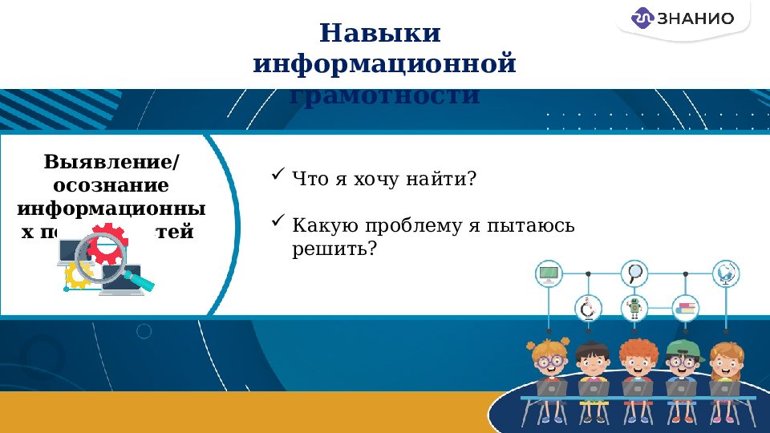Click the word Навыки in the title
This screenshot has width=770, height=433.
[x=380, y=34]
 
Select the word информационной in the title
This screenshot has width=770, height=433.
[x=384, y=63]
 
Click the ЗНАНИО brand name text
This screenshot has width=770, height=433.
[x=695, y=18]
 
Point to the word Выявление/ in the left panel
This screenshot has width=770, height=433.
[x=111, y=162]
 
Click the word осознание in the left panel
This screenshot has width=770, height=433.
[x=111, y=185]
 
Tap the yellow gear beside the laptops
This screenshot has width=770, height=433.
[x=78, y=275]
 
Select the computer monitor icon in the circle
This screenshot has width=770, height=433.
[x=549, y=274]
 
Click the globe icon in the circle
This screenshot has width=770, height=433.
[x=726, y=274]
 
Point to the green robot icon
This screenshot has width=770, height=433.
[x=635, y=308]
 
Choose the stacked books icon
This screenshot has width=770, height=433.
[x=686, y=308]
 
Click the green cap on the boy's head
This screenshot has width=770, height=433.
[x=681, y=347]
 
